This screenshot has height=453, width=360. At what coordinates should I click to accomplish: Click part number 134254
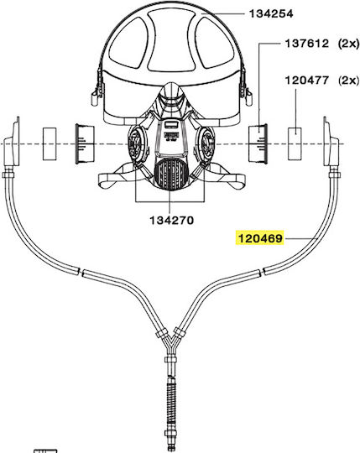(x=271, y=13)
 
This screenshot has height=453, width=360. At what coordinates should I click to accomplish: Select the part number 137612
(x=307, y=44)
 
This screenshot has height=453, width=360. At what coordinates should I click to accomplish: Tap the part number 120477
(x=307, y=80)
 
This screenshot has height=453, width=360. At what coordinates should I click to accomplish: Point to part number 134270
(x=172, y=221)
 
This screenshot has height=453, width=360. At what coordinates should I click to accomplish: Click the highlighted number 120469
(x=260, y=238)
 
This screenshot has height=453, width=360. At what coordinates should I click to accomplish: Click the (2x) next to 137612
(x=348, y=44)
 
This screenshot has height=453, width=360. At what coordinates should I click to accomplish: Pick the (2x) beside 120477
(x=348, y=80)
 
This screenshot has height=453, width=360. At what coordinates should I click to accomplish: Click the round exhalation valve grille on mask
(x=171, y=174)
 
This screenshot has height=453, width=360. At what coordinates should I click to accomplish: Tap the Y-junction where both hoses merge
(x=170, y=341)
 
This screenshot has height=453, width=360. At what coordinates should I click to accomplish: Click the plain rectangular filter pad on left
(x=50, y=144)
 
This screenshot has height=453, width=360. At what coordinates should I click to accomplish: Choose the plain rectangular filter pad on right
(x=295, y=143)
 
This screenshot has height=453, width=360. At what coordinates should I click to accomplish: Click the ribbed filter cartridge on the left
(x=85, y=144)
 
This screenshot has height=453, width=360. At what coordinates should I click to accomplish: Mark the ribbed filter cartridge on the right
(x=258, y=143)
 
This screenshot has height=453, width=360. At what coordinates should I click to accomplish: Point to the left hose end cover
(x=12, y=142)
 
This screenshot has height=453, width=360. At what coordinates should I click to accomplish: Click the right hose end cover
(x=331, y=142)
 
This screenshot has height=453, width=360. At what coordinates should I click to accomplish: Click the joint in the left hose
(x=81, y=272)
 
